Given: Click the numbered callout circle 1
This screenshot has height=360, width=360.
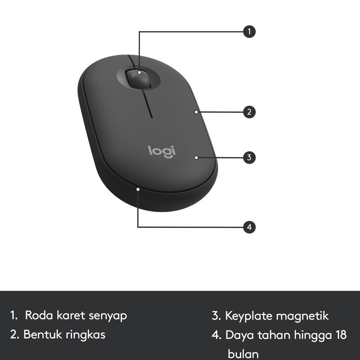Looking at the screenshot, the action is point(249,32).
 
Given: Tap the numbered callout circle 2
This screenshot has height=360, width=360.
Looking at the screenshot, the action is point(249,112).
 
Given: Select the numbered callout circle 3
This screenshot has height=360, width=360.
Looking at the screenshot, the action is point(249,158).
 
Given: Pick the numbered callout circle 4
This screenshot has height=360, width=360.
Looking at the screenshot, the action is point(249,227).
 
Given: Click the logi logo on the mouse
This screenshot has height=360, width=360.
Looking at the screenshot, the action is point(162,152).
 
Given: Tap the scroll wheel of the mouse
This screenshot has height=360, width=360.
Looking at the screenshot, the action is point(137,78).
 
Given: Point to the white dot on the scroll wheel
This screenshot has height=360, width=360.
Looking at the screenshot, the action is point(139,72).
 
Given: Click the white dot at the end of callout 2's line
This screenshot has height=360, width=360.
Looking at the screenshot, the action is point(196,112).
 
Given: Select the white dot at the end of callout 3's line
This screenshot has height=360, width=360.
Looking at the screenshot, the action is point(196,158).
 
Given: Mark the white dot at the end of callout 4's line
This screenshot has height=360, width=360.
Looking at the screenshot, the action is point(138,189).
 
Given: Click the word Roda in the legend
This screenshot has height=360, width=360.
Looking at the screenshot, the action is point(39,315).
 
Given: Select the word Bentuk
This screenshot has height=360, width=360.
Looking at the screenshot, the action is point(43,334).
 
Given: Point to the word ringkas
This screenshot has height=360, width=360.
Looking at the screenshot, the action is point(86,335).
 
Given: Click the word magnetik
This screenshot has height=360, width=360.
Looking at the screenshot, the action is point(302,316).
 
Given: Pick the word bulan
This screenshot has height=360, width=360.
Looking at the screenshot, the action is point(243,354).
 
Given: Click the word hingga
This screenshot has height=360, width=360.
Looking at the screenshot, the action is point(313,336).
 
